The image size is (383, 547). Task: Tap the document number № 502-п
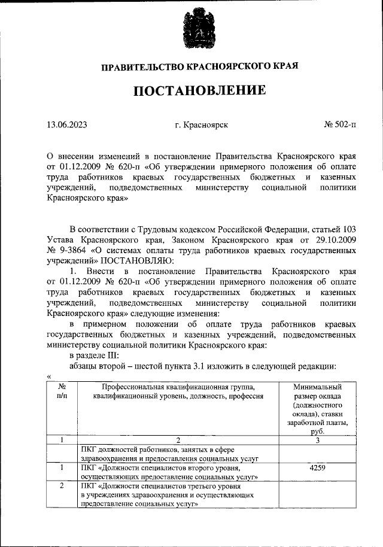tap(339, 125)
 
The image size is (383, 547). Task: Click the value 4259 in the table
tap(318, 468)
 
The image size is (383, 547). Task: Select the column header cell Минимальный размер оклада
tap(318, 409)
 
